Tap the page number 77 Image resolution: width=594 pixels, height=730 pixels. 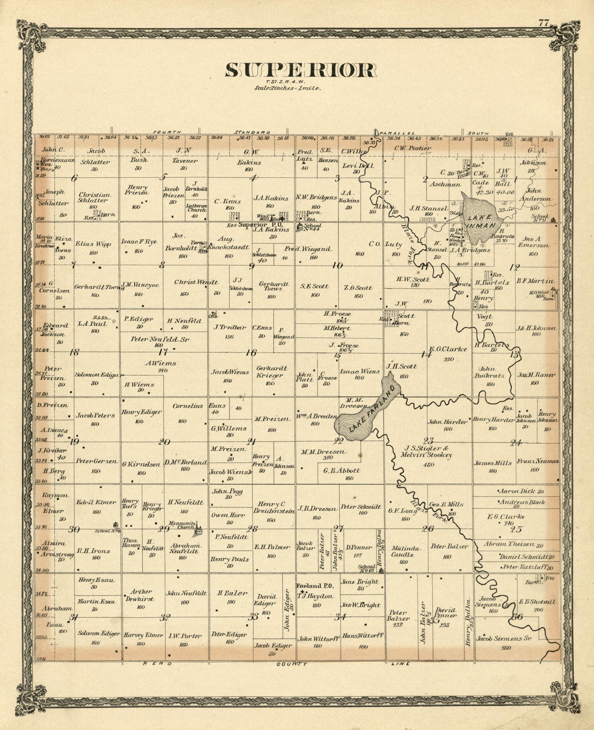point(543,23)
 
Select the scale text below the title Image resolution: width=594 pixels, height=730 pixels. point(287,87)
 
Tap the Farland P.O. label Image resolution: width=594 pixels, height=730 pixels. point(314,585)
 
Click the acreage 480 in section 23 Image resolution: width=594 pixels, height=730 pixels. point(428,464)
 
